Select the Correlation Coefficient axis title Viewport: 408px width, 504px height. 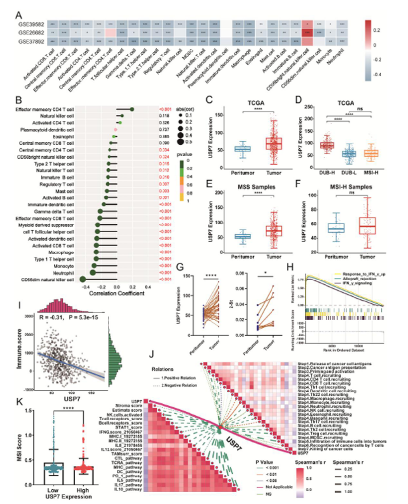116,293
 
